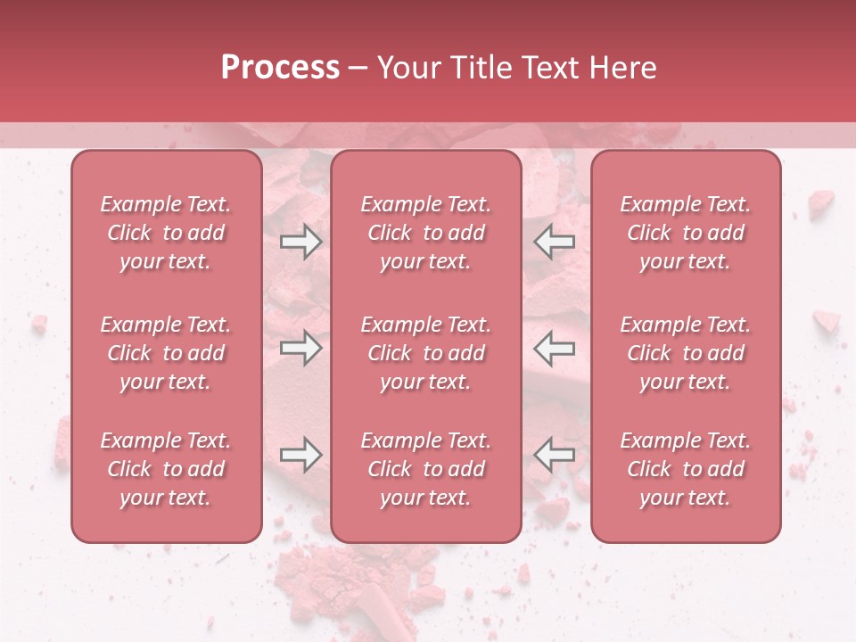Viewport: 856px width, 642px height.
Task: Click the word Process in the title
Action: [280, 68]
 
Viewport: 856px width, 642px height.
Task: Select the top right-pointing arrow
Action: [301, 243]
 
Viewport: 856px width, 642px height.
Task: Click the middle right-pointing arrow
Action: [301, 348]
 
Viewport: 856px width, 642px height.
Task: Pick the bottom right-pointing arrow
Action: [301, 455]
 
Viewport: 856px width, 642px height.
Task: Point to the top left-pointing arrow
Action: [554, 243]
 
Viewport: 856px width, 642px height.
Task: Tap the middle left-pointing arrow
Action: [554, 348]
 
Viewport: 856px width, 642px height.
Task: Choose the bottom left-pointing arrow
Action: [554, 455]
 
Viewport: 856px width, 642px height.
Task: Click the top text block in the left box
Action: [166, 233]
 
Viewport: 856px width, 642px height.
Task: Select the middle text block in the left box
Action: [166, 353]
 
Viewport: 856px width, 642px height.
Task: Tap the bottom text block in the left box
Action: [166, 469]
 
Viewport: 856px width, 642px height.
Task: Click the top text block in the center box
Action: [426, 233]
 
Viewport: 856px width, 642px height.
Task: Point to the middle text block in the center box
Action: [426, 353]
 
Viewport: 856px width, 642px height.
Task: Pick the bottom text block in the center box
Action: [426, 469]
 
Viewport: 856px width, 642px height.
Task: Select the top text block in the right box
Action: [686, 233]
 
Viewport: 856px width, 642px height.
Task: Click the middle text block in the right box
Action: [686, 353]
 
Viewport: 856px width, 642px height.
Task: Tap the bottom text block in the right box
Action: [686, 469]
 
